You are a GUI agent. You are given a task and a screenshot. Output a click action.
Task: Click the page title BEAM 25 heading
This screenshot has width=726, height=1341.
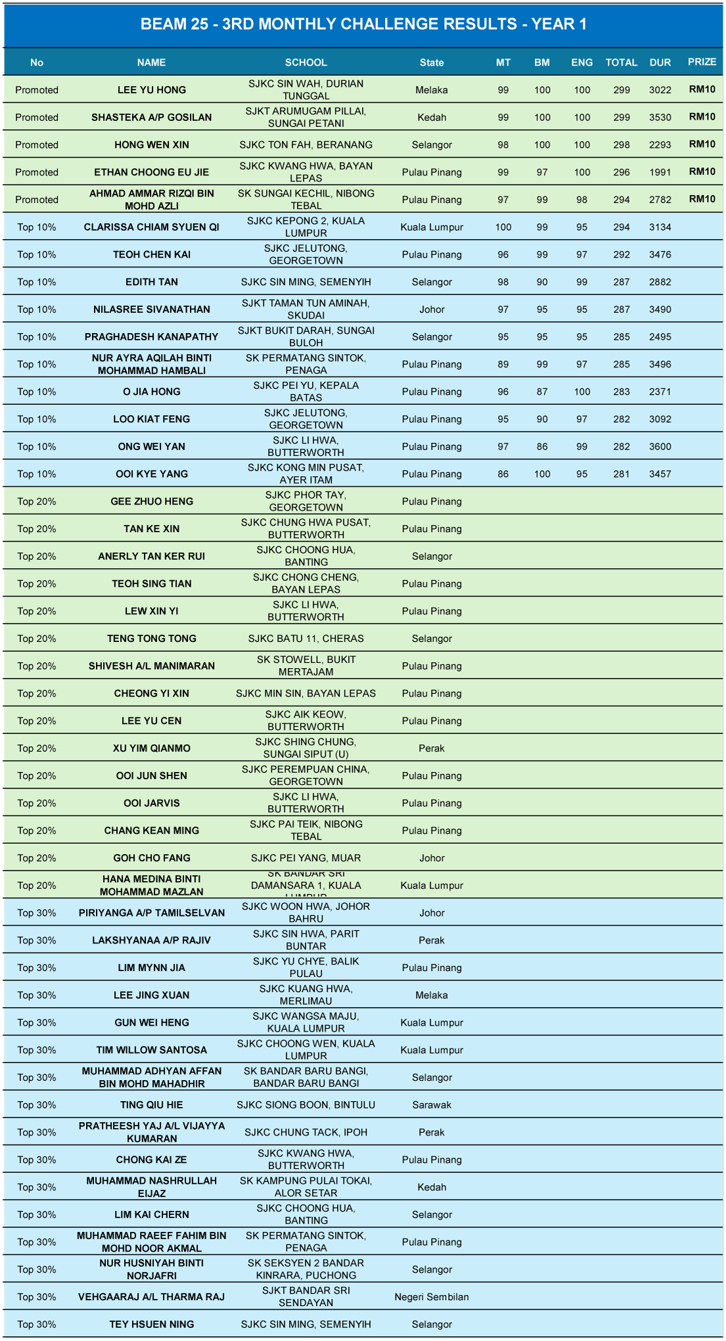(363, 24)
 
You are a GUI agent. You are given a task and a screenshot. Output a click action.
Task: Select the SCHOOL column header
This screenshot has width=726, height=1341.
(306, 62)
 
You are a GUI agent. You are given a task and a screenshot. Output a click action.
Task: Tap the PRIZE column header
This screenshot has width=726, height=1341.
(702, 62)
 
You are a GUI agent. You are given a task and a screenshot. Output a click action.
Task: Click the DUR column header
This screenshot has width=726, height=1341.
(660, 62)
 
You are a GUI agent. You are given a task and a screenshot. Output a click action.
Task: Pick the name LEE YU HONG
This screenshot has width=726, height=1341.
(152, 90)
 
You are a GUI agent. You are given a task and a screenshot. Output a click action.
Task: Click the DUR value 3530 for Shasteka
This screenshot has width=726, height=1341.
(660, 118)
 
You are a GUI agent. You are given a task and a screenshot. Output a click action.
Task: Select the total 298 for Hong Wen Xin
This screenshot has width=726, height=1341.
(621, 145)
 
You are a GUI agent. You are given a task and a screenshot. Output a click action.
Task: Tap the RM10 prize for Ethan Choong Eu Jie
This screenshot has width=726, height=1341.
(702, 172)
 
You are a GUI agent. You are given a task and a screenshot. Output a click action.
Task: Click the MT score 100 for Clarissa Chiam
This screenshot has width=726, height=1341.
(503, 227)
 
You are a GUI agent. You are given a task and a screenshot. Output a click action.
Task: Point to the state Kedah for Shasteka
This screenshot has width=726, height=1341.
(432, 118)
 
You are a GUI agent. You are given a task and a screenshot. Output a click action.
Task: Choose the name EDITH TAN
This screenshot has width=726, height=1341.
(152, 282)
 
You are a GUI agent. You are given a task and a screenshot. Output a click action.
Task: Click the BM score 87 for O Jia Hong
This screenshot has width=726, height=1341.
(542, 392)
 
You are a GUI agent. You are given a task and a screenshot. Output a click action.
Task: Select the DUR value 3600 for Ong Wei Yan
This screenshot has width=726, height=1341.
(660, 447)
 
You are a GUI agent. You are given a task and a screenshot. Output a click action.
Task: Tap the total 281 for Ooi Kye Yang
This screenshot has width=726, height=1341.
(621, 474)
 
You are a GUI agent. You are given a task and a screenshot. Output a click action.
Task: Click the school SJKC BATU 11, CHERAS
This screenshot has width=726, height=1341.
(306, 639)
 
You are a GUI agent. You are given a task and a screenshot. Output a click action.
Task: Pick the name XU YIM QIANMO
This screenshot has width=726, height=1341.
(152, 748)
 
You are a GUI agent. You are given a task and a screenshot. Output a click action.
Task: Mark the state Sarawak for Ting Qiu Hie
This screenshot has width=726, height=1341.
(432, 1104)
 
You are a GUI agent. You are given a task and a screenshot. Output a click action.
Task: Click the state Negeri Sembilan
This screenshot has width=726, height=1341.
(432, 1296)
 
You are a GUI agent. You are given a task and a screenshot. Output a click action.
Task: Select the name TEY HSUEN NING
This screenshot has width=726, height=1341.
(152, 1324)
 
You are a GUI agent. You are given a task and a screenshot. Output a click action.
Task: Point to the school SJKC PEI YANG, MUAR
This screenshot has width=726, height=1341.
(306, 858)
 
